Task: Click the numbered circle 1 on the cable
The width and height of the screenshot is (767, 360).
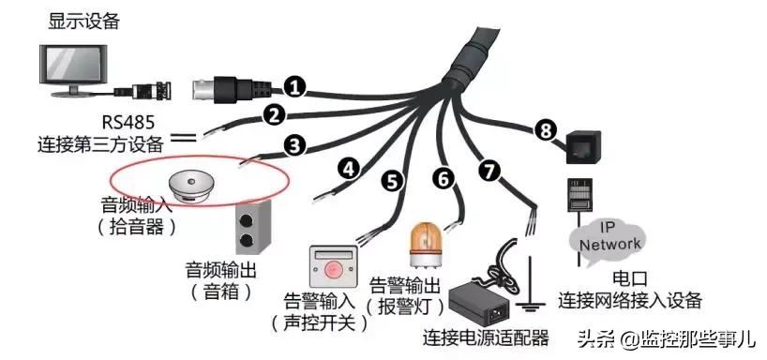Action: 295,88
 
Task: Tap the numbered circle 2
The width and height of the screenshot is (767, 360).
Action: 274,115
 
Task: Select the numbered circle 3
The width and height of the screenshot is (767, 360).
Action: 294,145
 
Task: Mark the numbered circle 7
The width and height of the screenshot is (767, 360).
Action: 487,171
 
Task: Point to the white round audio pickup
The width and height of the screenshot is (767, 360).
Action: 193,184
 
